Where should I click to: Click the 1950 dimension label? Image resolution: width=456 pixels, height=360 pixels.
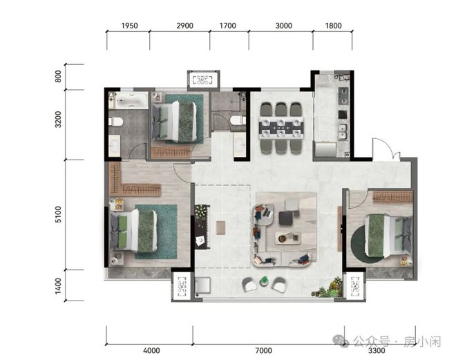click(x=129, y=26)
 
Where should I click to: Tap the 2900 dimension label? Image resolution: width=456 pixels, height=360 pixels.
click(x=184, y=26)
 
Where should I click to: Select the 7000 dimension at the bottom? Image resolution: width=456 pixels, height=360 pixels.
click(x=264, y=350)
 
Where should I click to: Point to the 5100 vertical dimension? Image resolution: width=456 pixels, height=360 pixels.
click(x=58, y=215)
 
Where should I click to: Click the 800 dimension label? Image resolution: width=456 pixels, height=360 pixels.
click(x=58, y=76)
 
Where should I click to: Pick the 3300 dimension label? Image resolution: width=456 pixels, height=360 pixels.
click(x=377, y=350)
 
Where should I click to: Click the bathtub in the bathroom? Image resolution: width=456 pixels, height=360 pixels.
click(x=129, y=100)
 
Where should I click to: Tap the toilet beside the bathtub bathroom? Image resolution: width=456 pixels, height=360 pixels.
click(x=116, y=122)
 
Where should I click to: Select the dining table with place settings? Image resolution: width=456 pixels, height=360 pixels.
click(x=281, y=128)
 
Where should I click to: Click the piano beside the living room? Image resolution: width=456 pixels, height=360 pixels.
click(x=202, y=227)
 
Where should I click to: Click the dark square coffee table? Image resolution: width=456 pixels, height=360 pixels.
click(x=286, y=218)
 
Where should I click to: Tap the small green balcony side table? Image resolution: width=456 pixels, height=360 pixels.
click(x=264, y=281)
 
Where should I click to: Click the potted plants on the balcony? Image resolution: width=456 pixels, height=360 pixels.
click(x=328, y=288)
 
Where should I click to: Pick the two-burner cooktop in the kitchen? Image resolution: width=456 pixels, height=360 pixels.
click(x=343, y=96)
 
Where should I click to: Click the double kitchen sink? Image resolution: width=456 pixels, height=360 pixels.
click(x=343, y=131)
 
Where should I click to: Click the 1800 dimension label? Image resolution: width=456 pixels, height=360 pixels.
click(x=333, y=26)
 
